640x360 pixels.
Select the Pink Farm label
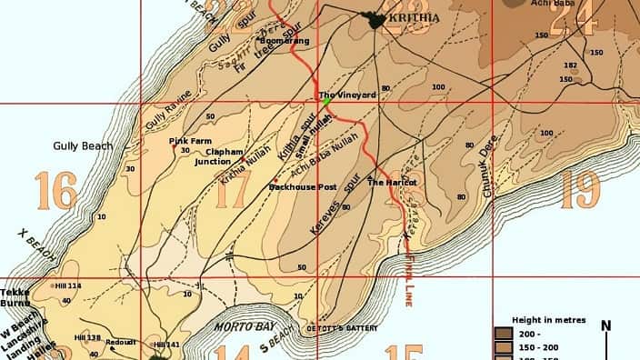tap(190, 141)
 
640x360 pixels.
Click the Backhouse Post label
tap(303, 187)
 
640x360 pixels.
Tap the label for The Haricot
tap(391, 183)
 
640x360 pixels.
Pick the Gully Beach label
tap(83, 145)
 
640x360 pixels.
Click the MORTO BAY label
tap(238, 326)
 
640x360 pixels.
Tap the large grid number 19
tap(580, 189)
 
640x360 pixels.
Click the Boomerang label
tap(285, 41)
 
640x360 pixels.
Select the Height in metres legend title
tap(549, 321)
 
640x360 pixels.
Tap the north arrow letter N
tap(605, 326)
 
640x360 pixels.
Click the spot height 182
tap(571, 65)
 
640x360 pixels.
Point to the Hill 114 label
tap(68, 285)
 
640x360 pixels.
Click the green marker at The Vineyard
tap(326, 102)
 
